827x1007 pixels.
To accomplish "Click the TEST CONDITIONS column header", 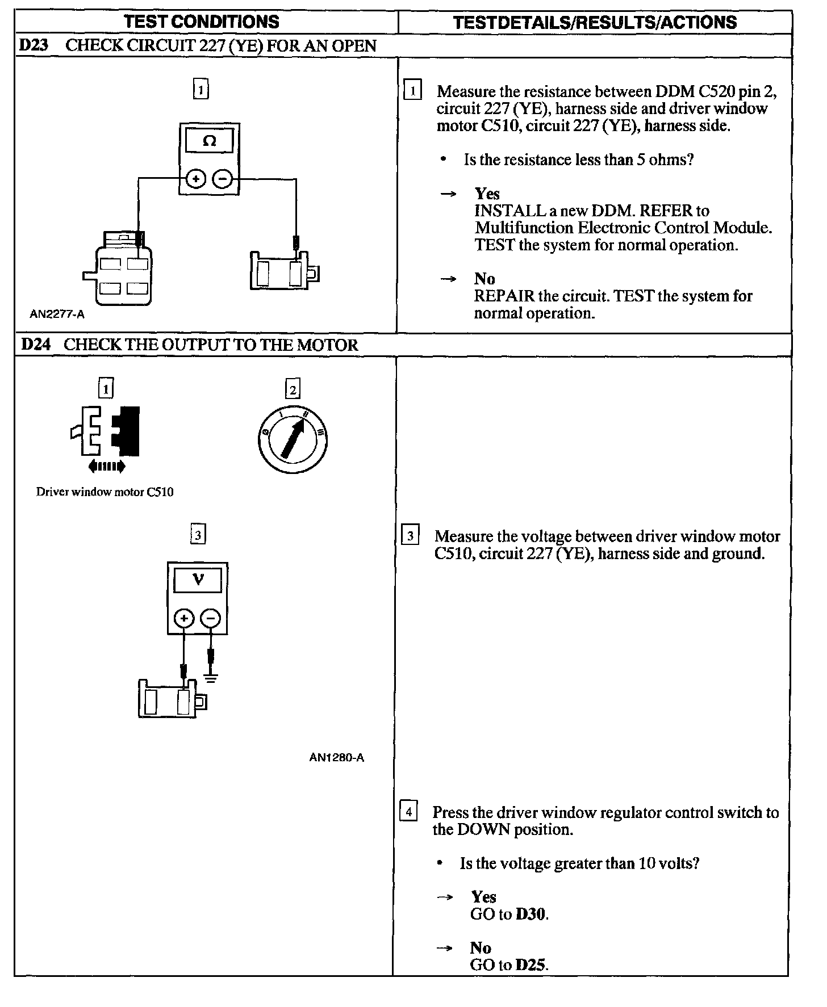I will (202, 22).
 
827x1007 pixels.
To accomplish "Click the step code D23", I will (33, 45).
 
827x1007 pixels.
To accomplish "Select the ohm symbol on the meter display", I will (209, 141).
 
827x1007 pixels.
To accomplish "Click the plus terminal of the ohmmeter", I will (196, 180).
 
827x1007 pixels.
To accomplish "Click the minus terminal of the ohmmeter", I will (222, 180).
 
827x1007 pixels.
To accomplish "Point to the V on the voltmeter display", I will (198, 580).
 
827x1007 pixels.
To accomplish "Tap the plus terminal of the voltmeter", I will (183, 618).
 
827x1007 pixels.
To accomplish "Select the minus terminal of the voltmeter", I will (211, 618).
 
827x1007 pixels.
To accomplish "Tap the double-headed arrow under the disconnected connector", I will (107, 467).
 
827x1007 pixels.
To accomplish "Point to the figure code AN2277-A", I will (57, 314).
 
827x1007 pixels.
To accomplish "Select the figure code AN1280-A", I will (337, 757).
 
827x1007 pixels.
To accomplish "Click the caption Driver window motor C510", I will (105, 492).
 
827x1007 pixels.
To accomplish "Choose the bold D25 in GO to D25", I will (531, 965).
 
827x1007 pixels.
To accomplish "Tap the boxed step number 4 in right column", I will (408, 811).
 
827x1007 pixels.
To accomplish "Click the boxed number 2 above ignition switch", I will (293, 389).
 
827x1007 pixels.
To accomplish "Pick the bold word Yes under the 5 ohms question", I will (487, 194).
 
